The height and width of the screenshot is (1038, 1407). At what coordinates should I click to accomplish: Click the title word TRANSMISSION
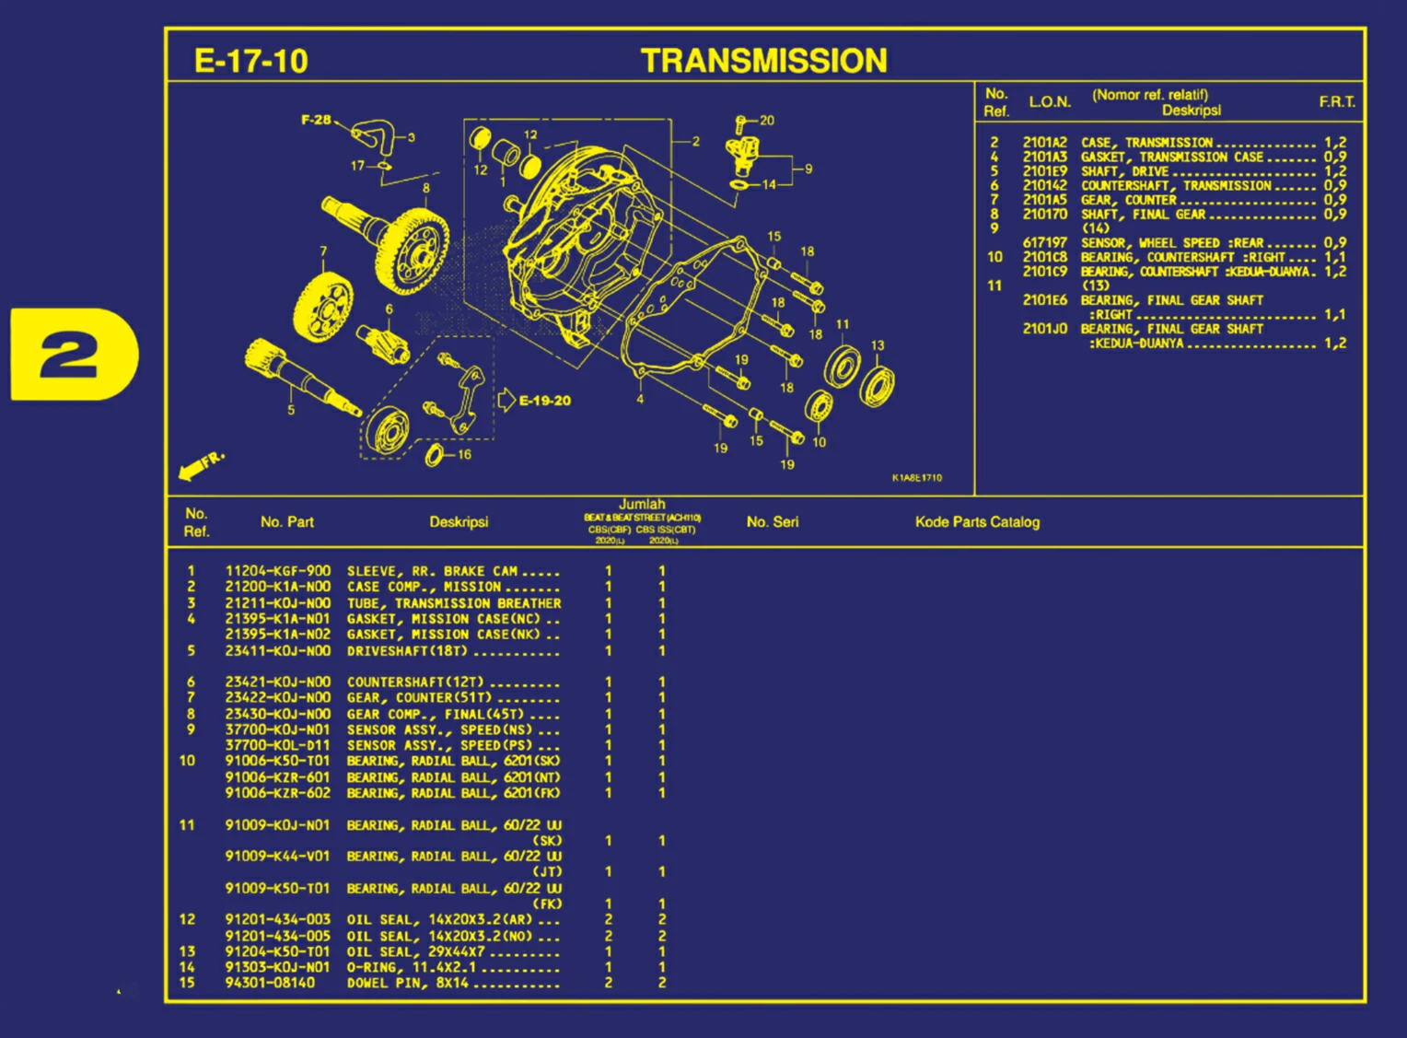(x=763, y=61)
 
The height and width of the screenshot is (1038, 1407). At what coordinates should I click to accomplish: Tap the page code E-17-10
(x=250, y=61)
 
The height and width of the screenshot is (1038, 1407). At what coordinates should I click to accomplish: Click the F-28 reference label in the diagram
(x=316, y=120)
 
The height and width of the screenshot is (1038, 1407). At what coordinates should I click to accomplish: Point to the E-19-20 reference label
(x=544, y=401)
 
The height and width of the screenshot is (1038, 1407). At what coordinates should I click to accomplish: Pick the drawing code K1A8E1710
(x=916, y=478)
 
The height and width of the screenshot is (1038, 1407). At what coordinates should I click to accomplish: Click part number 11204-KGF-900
(x=277, y=571)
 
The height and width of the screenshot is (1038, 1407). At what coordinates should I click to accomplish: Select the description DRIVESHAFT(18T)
(x=407, y=651)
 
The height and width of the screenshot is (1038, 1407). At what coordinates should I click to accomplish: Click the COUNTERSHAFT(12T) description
(x=415, y=682)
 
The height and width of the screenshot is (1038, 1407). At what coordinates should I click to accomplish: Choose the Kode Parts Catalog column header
(x=977, y=522)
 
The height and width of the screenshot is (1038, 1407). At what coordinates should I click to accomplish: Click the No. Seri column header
(x=772, y=522)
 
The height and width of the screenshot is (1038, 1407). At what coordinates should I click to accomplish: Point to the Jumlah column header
(x=642, y=505)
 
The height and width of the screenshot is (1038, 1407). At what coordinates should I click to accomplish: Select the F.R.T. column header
(x=1336, y=101)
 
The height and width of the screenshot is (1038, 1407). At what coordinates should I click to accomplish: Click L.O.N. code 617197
(x=1044, y=243)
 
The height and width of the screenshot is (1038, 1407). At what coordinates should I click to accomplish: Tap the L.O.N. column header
(x=1049, y=101)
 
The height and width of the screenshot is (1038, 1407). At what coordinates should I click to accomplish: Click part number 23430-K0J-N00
(x=277, y=714)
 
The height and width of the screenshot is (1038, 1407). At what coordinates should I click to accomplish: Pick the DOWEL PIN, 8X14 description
(x=407, y=983)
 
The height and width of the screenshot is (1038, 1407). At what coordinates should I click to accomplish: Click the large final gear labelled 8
(x=412, y=249)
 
